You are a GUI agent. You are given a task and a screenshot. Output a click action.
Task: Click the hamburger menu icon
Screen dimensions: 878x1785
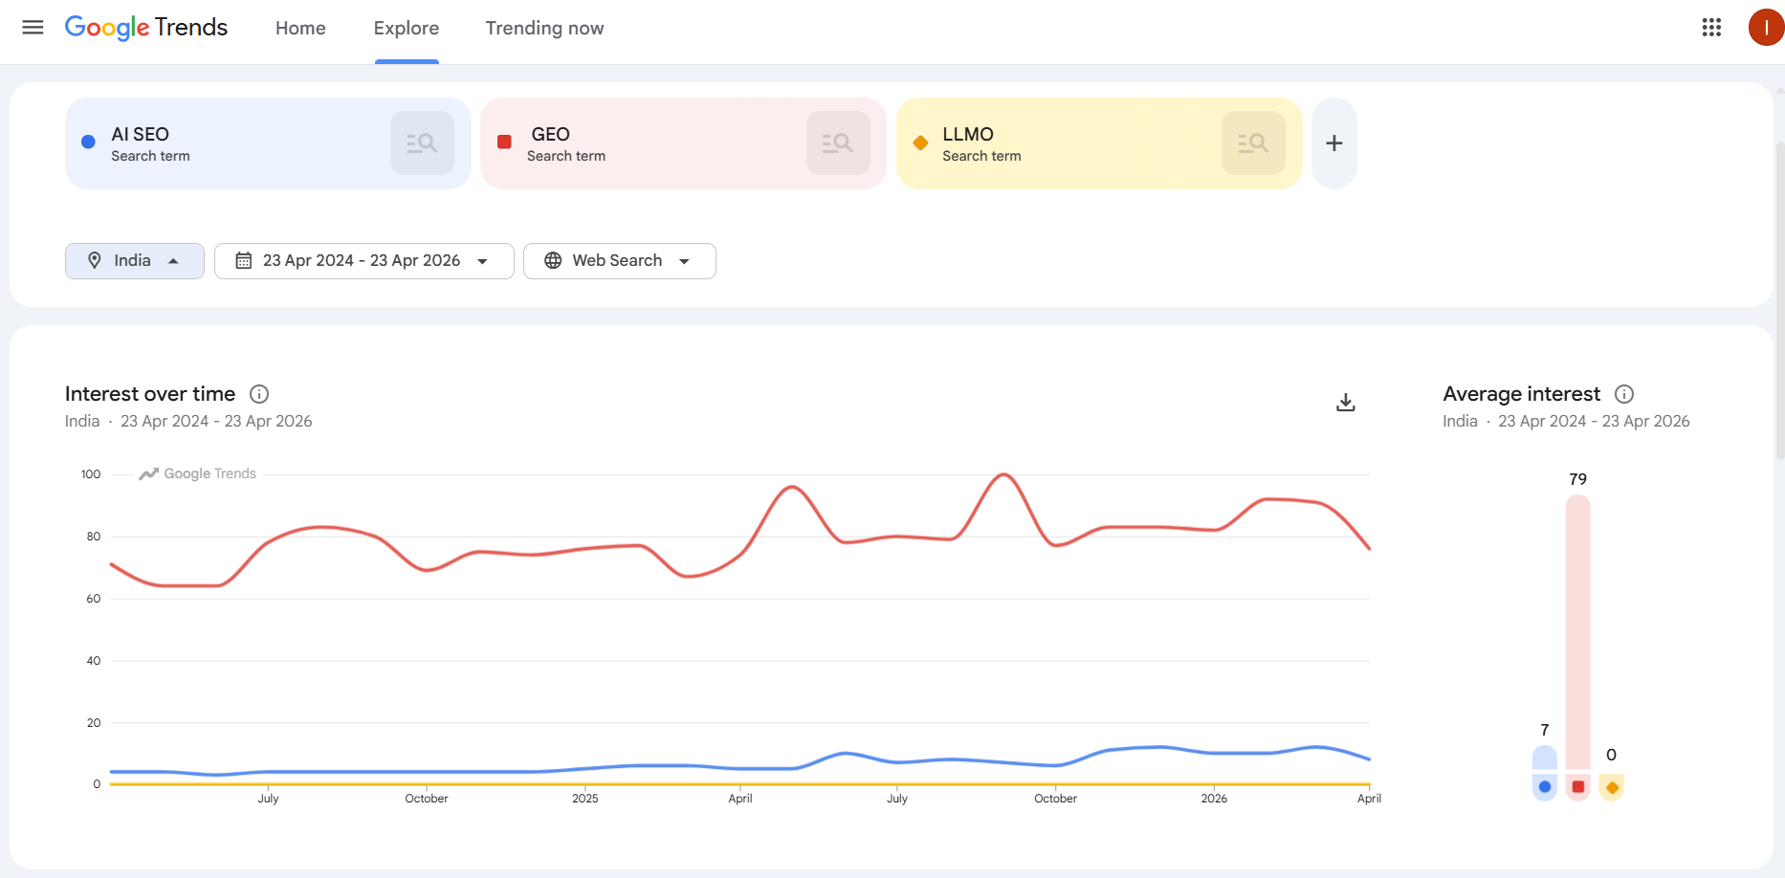33,28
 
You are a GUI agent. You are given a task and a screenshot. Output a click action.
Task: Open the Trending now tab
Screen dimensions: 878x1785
544,29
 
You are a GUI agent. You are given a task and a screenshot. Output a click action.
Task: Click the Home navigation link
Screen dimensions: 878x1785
300,29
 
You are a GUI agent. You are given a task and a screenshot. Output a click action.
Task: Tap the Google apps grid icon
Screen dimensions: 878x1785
1711,28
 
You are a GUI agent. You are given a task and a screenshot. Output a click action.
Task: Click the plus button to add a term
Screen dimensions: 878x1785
1333,143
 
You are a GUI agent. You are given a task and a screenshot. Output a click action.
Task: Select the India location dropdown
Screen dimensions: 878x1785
135,261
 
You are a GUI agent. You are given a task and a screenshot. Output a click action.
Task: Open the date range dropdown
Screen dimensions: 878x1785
364,261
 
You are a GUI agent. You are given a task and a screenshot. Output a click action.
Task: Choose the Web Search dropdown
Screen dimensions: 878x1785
619,261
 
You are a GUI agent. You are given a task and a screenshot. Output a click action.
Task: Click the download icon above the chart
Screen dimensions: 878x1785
1345,403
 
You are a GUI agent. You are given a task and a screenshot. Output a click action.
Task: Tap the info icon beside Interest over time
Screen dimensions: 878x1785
259,394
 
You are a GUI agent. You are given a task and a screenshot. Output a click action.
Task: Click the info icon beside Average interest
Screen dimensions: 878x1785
1623,394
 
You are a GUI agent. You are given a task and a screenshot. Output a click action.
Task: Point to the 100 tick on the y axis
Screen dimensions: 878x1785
91,474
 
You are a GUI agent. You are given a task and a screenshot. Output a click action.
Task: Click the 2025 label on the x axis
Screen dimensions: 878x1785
584,799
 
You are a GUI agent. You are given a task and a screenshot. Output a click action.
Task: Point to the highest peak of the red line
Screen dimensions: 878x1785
1003,474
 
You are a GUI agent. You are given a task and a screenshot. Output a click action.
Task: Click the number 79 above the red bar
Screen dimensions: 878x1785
1577,479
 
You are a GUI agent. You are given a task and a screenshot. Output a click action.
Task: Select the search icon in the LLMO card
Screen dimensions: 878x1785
1252,143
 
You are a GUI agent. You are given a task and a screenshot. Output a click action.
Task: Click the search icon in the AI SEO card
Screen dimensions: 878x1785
422,143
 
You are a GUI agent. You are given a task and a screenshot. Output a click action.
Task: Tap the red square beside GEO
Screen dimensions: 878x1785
504,143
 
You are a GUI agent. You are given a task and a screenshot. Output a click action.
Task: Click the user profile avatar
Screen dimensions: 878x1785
1765,28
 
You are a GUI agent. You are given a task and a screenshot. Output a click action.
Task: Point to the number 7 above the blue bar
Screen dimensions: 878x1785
1544,730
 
